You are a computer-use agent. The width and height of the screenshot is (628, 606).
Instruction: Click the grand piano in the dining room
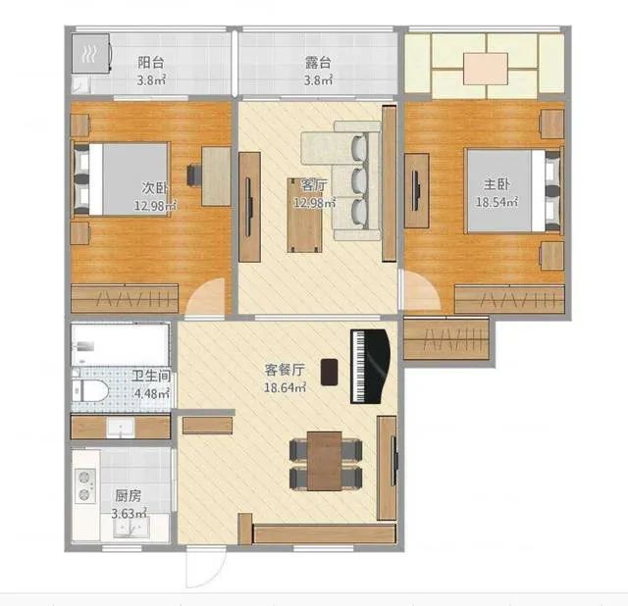370,366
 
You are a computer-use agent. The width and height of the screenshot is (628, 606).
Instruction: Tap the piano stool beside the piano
330,373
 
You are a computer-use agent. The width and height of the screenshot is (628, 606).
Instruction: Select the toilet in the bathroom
90,390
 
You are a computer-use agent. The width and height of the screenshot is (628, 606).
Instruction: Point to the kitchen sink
131,529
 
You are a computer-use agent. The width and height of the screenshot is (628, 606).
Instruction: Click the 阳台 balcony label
150,63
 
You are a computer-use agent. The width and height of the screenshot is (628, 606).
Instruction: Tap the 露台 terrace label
318,63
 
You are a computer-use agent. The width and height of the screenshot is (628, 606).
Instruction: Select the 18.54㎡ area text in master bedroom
497,202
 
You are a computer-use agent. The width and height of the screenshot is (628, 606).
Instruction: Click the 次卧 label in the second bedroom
155,187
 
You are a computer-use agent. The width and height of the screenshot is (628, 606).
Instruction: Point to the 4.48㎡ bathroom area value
151,393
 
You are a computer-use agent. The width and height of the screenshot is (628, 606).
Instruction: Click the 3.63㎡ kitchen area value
129,514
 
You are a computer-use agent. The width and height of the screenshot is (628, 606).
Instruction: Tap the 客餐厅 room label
285,370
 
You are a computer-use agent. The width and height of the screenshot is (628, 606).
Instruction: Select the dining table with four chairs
325,461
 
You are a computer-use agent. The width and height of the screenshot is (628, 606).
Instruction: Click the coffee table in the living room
304,216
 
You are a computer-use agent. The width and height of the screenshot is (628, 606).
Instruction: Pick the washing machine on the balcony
91,54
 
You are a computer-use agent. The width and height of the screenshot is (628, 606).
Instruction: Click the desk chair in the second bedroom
194,176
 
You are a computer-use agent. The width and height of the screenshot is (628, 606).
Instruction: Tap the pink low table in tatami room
486,69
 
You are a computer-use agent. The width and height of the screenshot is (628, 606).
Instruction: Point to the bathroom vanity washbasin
121,428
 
